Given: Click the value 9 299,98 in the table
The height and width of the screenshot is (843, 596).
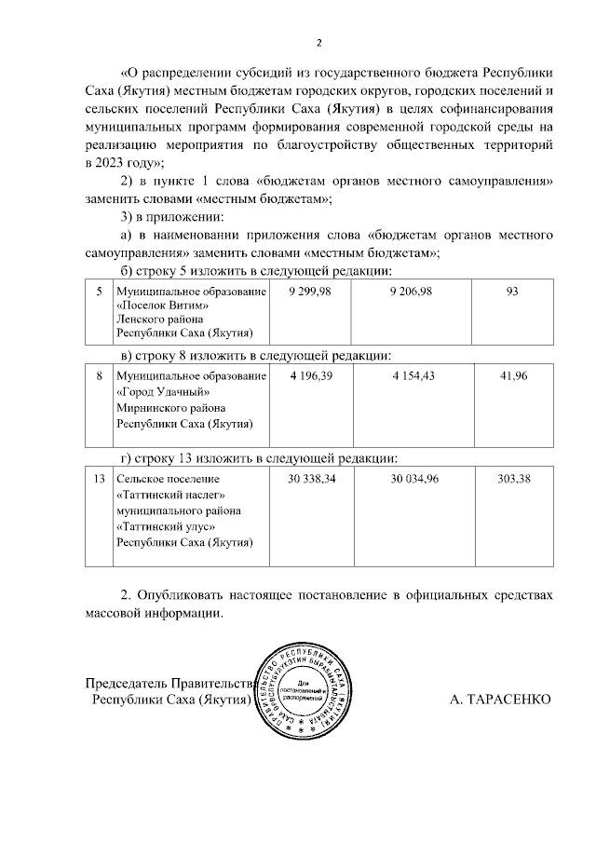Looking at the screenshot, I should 309,292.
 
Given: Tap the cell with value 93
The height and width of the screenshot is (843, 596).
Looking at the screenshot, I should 511,292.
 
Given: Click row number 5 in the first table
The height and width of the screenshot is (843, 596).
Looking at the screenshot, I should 99,292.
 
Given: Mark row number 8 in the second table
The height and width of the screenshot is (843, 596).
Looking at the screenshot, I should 99,375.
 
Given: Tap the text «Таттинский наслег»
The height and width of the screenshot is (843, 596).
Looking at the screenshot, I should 170,494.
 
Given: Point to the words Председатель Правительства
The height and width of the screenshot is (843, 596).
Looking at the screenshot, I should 169,682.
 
